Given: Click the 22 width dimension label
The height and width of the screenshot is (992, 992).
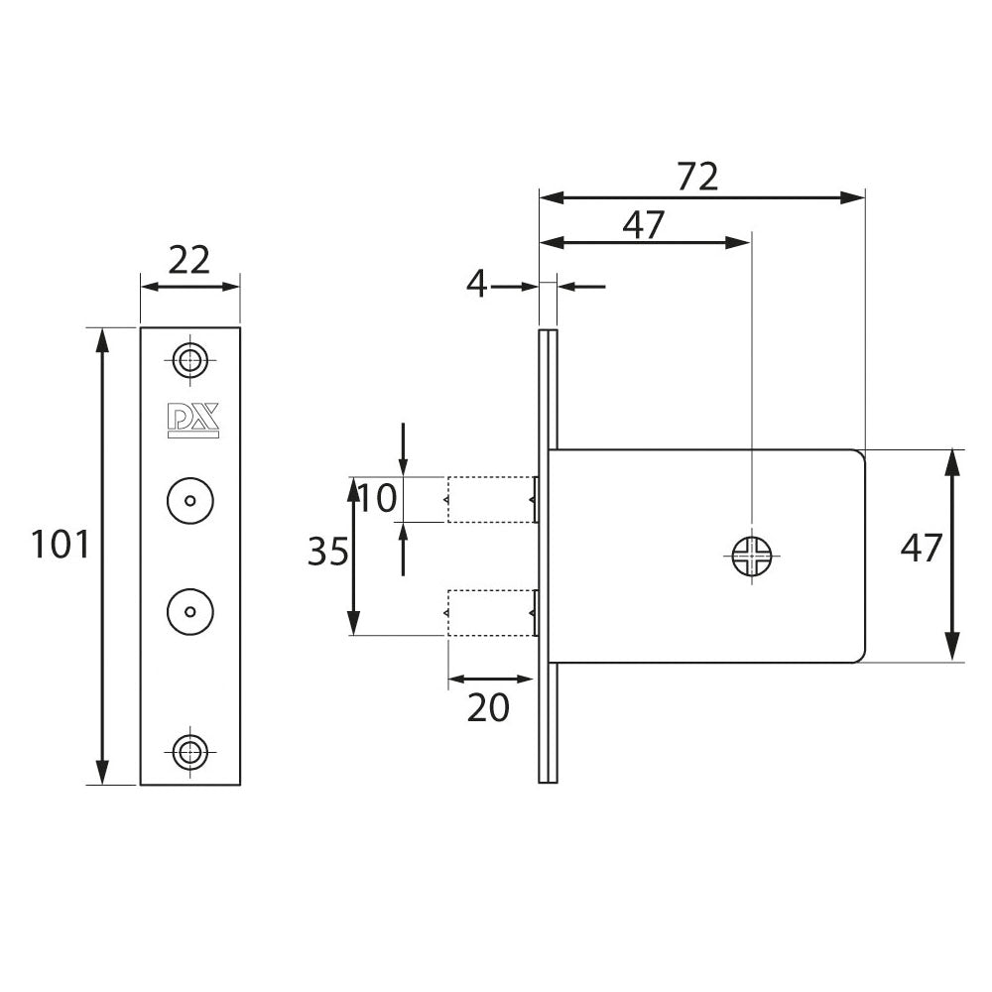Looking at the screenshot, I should pos(189,260).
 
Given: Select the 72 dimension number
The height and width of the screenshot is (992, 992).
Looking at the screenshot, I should pos(697,177).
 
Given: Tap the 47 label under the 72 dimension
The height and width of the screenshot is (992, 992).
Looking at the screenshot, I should pos(643,225).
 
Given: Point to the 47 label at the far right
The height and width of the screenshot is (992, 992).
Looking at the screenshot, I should pos(920,547).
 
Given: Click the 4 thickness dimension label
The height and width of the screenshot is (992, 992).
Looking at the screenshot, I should pos(477,286).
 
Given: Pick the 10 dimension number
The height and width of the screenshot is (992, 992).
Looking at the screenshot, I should pos(378,497).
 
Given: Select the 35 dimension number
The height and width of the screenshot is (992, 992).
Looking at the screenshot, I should pos(328,552).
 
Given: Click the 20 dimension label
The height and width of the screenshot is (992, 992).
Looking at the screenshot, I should pos(488,707).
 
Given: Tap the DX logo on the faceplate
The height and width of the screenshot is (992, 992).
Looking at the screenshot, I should pos(189,421).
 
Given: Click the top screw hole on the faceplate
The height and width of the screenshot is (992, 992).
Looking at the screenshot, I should pos(189,359).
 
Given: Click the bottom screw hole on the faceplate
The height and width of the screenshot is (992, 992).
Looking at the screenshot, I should pos(189,751).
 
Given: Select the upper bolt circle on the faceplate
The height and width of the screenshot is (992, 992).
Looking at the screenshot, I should pos(189,498).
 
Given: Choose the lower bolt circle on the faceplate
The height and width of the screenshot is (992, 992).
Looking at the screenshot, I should pos(189,608).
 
